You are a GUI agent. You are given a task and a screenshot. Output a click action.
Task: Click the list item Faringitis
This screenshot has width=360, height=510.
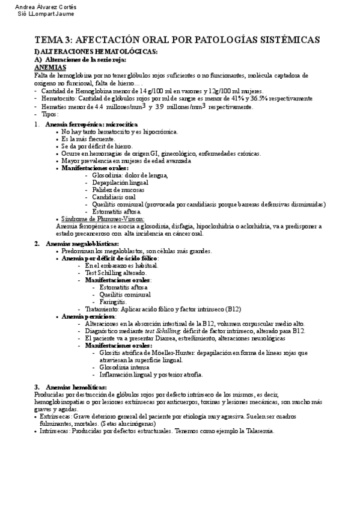click(114, 301)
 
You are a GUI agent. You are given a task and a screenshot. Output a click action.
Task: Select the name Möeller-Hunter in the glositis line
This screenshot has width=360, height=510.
click(180, 352)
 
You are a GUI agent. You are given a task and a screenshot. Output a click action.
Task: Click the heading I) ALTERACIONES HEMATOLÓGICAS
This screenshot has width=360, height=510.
click(96, 52)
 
